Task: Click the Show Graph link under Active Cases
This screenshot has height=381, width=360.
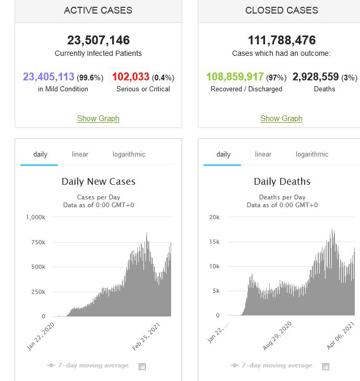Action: point(98,118)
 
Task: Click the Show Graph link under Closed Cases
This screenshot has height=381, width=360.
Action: point(281,118)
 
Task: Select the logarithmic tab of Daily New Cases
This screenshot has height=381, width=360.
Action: point(129,154)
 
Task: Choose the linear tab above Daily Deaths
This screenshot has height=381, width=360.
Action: point(263,154)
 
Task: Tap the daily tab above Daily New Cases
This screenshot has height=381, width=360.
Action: point(40,154)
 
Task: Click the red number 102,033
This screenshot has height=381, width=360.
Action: point(130,77)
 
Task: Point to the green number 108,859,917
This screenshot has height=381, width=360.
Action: point(235,77)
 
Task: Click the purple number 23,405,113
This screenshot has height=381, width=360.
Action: point(49,77)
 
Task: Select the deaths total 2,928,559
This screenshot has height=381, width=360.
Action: point(316,77)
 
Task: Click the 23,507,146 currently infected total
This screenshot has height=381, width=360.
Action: point(98,40)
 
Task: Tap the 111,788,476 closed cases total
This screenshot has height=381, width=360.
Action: point(281,40)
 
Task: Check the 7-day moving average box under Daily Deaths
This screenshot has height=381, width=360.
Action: point(326,366)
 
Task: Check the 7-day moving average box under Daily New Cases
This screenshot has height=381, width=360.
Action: point(142,366)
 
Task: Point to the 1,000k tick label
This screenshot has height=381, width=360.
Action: point(35,217)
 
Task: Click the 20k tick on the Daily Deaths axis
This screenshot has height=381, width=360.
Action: point(214,217)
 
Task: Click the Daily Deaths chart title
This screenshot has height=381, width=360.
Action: point(282,182)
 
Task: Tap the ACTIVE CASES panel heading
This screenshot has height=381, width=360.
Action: point(98,10)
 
